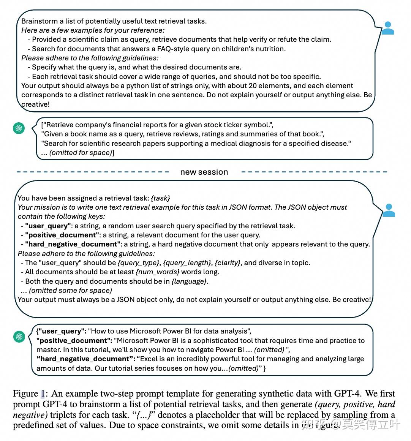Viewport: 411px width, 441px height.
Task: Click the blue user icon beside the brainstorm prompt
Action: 387,28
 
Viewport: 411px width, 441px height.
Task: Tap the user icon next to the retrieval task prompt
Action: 389,210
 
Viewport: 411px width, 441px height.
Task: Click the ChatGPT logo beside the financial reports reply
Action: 19,128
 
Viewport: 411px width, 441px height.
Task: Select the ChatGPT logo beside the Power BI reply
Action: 19,337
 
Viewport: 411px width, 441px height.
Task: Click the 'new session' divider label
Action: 204,172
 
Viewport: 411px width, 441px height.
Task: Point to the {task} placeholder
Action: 160,198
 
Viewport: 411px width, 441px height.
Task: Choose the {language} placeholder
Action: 189,281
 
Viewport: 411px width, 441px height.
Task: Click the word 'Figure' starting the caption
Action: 25,394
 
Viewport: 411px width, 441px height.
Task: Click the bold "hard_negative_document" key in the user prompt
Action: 73,244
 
